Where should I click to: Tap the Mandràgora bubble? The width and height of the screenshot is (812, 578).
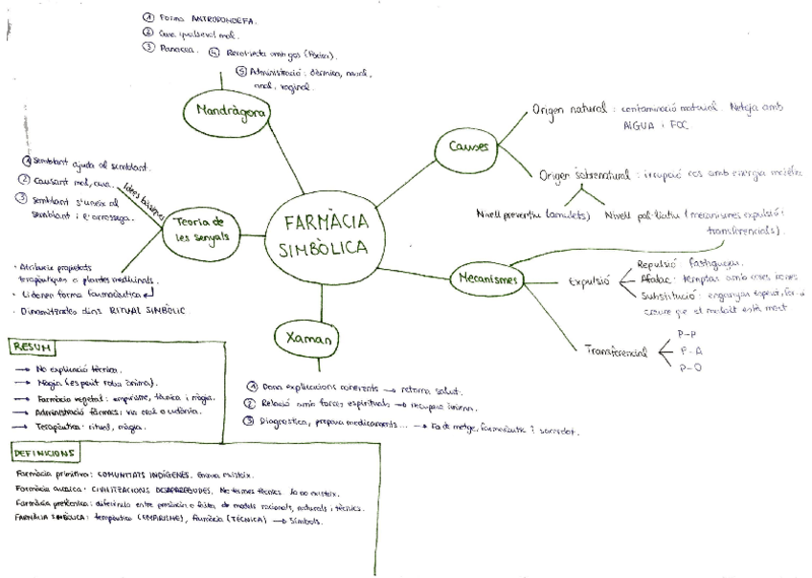(226, 112)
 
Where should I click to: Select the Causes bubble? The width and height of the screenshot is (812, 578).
(468, 147)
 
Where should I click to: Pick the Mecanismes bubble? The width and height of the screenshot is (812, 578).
(485, 279)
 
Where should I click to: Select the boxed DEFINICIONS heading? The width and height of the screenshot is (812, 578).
(46, 452)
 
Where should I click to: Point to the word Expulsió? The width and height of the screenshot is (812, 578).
(590, 282)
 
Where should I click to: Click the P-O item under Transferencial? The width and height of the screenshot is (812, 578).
(688, 367)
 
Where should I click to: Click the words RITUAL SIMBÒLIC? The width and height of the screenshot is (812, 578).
(145, 311)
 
